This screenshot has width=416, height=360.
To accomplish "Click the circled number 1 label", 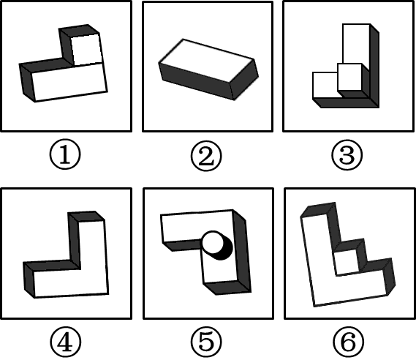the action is (x=65, y=154).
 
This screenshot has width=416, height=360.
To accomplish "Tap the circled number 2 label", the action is (x=206, y=155).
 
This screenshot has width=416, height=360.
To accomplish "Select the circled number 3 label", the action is (x=347, y=154).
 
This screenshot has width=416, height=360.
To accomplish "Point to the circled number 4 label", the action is (x=65, y=342).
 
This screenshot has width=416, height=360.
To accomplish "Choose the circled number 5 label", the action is (x=206, y=342).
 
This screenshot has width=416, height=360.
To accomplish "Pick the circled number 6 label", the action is (x=348, y=342).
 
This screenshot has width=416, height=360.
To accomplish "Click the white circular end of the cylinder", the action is (x=213, y=242).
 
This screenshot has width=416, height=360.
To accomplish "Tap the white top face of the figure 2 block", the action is (x=207, y=61).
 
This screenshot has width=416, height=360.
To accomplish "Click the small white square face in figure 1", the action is (x=86, y=50).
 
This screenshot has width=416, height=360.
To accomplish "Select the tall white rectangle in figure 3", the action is (x=356, y=44).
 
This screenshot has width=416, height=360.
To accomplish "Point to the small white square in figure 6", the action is (x=347, y=262).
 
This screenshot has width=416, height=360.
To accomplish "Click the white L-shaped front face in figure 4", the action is (x=80, y=276).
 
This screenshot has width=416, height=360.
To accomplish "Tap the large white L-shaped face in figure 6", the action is (x=332, y=279).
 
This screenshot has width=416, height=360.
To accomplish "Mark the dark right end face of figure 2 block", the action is (x=244, y=80).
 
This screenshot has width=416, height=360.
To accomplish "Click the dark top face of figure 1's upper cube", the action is (x=79, y=31).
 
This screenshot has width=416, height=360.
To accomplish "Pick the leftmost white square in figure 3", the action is (x=325, y=85).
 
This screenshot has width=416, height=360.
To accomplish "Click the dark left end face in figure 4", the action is (x=29, y=280).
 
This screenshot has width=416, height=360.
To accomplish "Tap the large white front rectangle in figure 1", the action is (x=70, y=82).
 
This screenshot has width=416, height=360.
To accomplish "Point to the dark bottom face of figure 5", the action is (x=227, y=288).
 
